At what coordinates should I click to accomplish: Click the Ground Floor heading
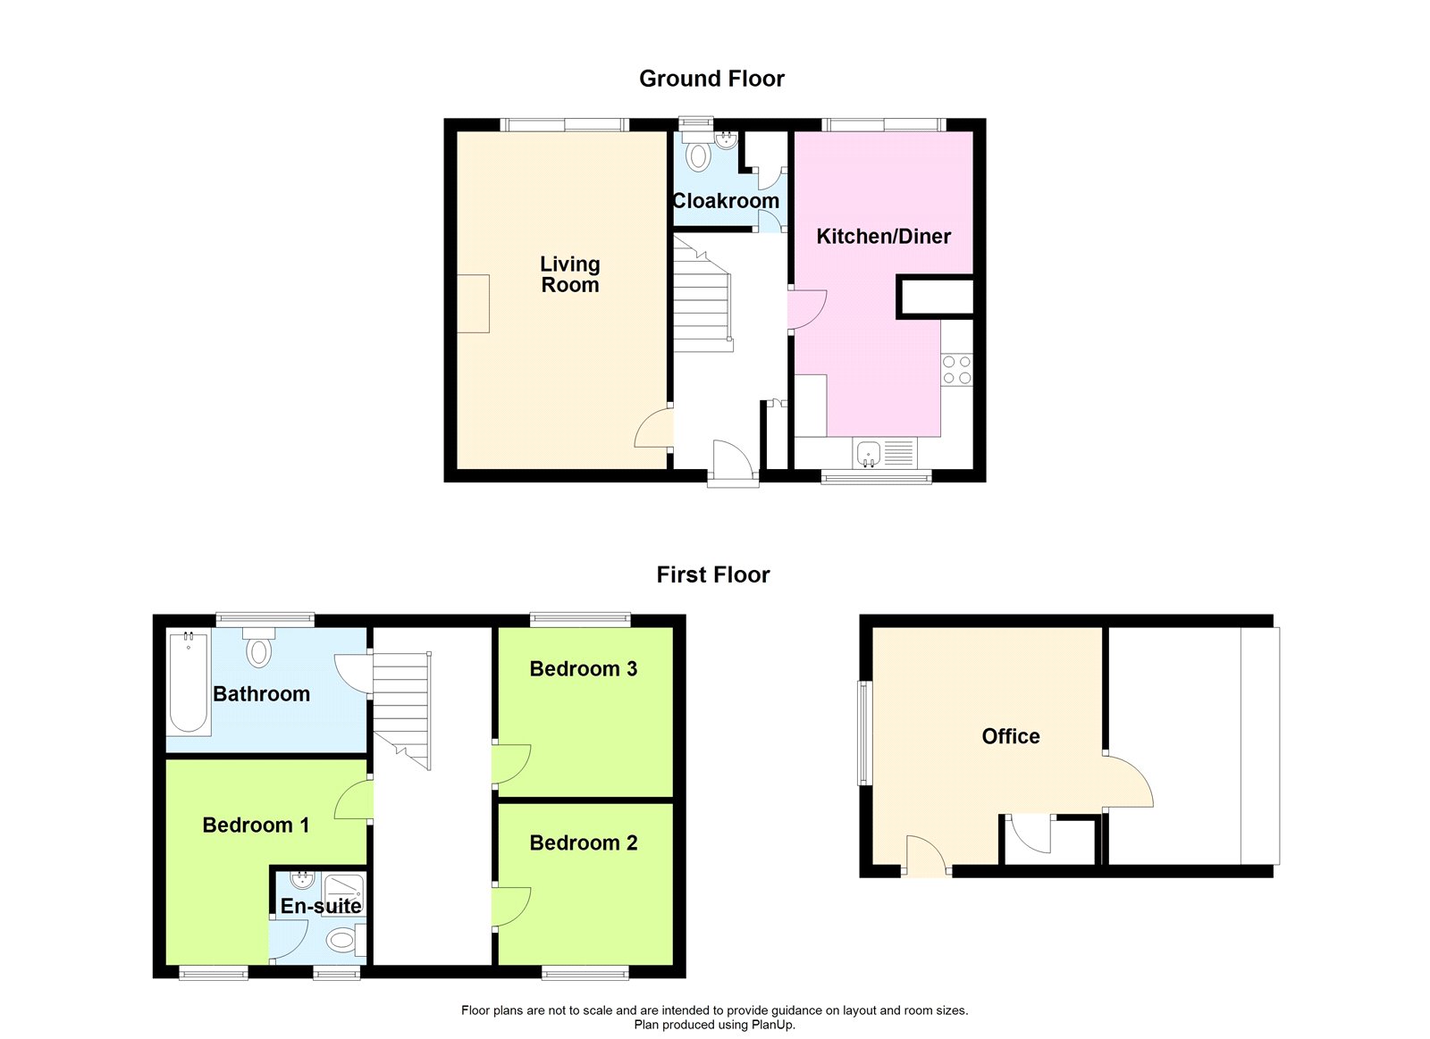point(711,79)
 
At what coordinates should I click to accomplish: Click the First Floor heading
point(713,574)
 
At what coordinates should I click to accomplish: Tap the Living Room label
point(570,273)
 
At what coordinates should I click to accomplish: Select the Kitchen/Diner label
point(884,236)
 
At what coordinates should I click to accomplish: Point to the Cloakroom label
point(726,200)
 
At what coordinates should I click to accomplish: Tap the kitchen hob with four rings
point(957,370)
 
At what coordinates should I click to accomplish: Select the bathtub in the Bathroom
point(189,682)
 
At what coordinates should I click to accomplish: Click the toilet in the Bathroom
point(258,647)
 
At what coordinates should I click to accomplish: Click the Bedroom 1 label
point(256,825)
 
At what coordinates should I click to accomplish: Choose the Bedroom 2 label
point(584,843)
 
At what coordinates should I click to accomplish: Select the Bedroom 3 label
point(584,669)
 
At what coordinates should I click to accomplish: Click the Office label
point(1011,736)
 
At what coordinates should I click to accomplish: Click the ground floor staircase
point(702,294)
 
